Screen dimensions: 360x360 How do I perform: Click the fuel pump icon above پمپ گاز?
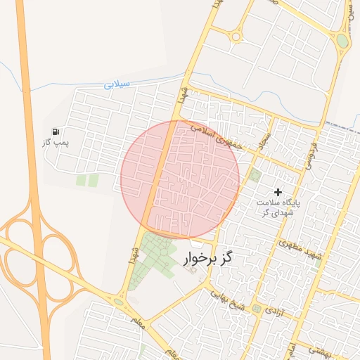[56, 131]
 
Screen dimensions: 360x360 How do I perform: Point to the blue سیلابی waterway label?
[117, 84]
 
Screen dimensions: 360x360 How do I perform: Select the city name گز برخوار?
[207, 259]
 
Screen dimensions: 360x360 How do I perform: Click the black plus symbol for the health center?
[278, 191]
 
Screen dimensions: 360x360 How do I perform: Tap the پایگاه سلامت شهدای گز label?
[278, 207]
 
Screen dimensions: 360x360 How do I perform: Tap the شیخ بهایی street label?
[230, 299]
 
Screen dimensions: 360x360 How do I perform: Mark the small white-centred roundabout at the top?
[236, 37]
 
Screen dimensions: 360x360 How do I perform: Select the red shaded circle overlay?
[180, 179]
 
